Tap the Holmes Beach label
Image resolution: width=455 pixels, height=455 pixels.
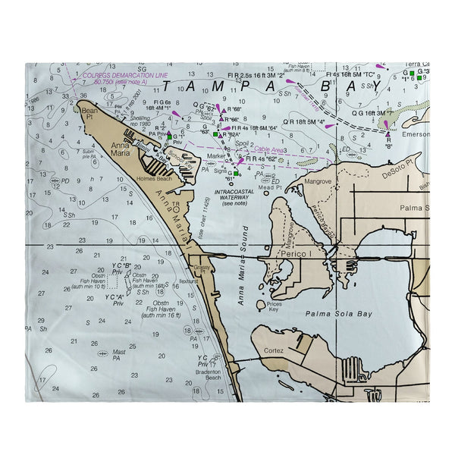[x=154, y=179]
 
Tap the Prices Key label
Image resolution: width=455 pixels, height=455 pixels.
[x=275, y=306]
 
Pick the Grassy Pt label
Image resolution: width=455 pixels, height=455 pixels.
[x=200, y=269]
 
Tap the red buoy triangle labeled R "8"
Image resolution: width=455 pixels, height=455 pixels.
[x=388, y=134]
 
